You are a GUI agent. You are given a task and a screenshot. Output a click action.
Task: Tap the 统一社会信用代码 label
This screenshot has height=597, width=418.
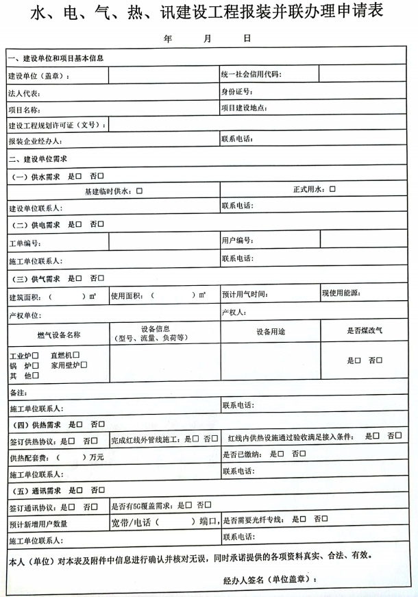pyautogui.click(x=251, y=74)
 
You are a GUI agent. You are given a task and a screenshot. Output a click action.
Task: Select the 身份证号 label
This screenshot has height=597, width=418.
pyautogui.click(x=237, y=91)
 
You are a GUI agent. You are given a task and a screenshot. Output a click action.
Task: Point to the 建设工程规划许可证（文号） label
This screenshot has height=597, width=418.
pyautogui.click(x=57, y=125)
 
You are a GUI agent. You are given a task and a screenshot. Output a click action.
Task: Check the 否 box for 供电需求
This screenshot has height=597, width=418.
pyautogui.click(x=101, y=224)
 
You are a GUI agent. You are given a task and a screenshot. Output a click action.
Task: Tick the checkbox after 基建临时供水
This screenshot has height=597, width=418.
pyautogui.click(x=139, y=191)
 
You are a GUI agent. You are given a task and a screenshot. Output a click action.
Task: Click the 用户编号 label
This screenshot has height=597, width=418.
pyautogui.click(x=238, y=241)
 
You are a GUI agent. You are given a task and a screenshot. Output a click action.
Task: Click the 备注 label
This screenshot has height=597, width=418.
pyautogui.click(x=18, y=393)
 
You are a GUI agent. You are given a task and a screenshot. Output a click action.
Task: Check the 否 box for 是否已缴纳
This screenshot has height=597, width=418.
pyautogui.click(x=304, y=454)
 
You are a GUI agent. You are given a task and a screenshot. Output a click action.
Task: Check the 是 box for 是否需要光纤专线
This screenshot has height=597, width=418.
pyautogui.click(x=304, y=519)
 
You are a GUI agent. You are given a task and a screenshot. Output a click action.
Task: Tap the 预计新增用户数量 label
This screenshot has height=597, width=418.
pyautogui.click(x=38, y=524)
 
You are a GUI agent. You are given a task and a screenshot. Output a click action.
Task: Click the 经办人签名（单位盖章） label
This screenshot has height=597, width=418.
pyautogui.click(x=270, y=580)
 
